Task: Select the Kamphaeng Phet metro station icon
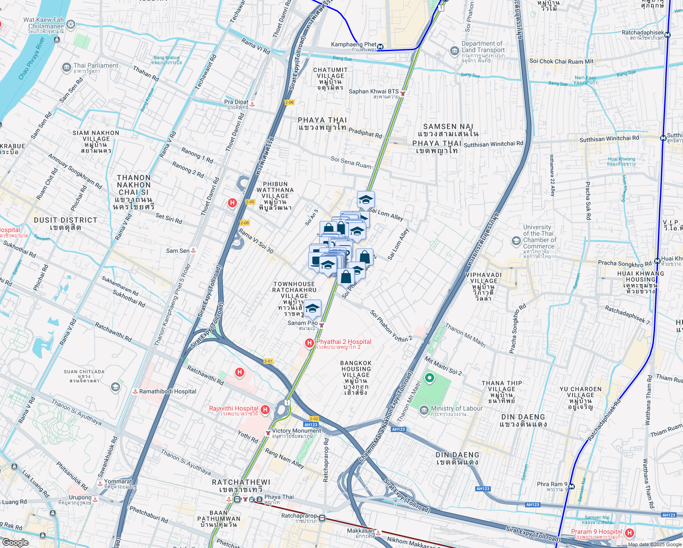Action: pos(380,47)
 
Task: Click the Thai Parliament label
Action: pos(96,66)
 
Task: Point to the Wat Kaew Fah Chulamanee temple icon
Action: pos(71,24)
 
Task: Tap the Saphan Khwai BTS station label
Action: pos(373,92)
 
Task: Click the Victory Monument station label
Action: pos(296,431)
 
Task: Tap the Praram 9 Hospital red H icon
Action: pos(630,533)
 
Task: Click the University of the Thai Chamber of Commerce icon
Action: pos(516,242)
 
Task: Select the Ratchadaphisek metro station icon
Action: pos(667,35)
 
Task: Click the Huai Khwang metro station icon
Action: pos(657,261)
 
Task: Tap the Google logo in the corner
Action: pos(15,543)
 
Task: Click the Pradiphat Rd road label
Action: pos(365,133)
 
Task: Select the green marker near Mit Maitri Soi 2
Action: pos(429,378)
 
